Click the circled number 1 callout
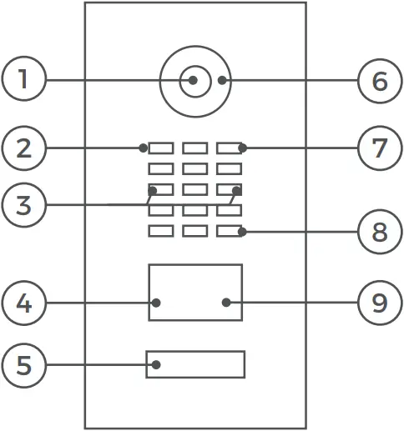coord(23,80)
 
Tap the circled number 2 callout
coord(23,148)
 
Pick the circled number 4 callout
coord(23,303)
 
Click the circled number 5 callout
coord(23,364)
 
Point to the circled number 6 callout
coord(380,81)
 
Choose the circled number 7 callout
coord(380,148)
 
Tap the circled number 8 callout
coord(380,231)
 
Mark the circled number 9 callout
coord(380,303)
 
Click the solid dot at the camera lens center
coord(193,81)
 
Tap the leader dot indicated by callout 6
coord(222,81)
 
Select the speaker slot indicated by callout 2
coord(160,148)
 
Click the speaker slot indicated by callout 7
coord(229,148)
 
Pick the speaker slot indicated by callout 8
coord(229,231)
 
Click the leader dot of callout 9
coord(226,303)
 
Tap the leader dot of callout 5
coord(155,364)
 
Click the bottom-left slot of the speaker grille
coord(160,231)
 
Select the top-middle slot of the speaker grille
coord(194,148)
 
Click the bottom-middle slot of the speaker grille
coord(194,231)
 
